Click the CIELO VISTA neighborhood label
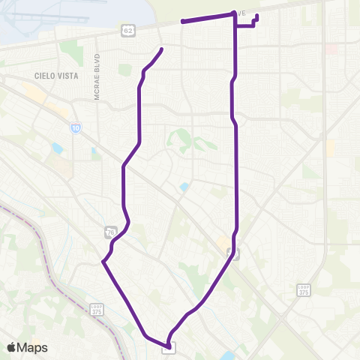click(x=52, y=76)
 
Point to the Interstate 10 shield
click(x=76, y=128)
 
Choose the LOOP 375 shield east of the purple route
click(x=303, y=289)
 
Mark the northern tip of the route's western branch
click(x=162, y=49)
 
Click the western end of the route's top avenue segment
click(x=182, y=22)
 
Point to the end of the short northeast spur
click(x=257, y=16)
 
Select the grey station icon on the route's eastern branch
click(x=233, y=253)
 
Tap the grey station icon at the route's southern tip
click(x=169, y=346)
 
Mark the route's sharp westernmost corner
click(x=102, y=262)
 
